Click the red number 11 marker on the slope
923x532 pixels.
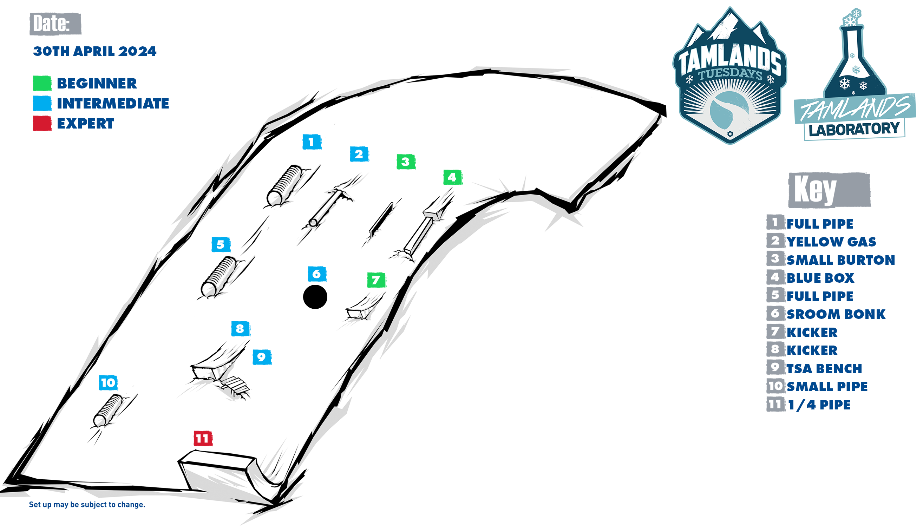[203, 438]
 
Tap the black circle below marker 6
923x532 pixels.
[315, 297]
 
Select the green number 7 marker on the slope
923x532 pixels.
[377, 280]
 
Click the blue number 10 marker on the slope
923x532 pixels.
[108, 382]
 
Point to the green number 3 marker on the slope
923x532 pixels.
[406, 162]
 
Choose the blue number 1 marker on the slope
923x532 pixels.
[312, 142]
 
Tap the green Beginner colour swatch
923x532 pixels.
[42, 83]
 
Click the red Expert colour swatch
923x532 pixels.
[42, 123]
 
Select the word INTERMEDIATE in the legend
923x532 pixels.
[113, 103]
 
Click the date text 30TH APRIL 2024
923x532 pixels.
[94, 51]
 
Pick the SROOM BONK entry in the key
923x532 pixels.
[836, 314]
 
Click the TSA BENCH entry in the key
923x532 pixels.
[824, 368]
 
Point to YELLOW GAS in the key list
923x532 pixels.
[831, 242]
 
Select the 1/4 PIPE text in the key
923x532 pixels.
[819, 405]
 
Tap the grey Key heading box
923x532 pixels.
[829, 190]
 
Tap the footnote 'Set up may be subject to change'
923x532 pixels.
[87, 505]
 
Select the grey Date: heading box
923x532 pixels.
[55, 24]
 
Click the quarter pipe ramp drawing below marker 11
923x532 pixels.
[230, 475]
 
